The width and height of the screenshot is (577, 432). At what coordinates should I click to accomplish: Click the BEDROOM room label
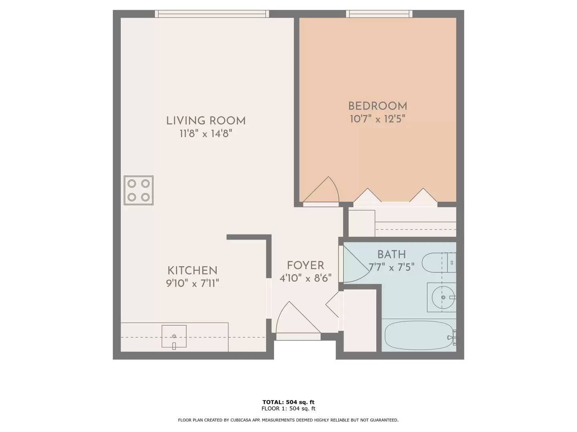point(377,106)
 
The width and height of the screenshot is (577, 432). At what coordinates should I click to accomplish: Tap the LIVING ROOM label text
point(206,121)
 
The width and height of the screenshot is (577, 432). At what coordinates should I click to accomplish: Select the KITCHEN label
point(192,270)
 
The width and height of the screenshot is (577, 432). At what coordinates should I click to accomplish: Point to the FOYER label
point(305,265)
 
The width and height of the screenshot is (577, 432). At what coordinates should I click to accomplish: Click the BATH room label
point(391,254)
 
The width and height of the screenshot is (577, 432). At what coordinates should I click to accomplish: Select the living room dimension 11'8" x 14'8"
point(206,134)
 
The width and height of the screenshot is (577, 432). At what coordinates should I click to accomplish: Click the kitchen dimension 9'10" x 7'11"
point(192,283)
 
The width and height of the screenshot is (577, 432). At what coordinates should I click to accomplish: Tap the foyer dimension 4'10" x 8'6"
point(305,278)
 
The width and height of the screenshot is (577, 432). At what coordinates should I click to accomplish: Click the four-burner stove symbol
point(139,190)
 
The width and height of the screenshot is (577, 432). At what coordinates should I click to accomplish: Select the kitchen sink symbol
point(174,336)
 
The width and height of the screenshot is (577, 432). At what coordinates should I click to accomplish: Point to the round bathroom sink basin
point(443,297)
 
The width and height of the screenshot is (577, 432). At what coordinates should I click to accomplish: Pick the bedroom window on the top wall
point(379,14)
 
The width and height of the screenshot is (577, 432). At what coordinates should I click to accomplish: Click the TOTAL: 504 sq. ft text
point(288,402)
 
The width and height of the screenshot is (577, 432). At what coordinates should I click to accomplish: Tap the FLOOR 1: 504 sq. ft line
point(288,408)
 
